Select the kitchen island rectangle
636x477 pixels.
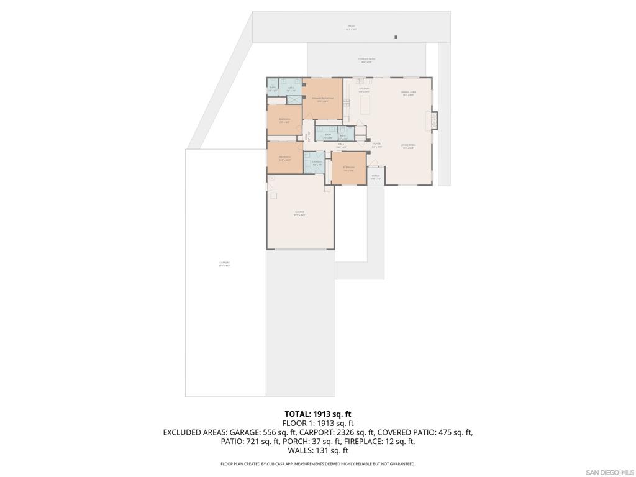365,106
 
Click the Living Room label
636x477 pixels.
408,146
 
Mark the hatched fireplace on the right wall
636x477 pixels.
434,120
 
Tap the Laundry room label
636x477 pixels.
317,163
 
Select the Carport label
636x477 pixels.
225,263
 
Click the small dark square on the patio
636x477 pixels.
396,37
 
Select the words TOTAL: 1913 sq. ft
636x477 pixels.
318,414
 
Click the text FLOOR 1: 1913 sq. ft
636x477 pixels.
318,423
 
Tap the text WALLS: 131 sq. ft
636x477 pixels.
318,451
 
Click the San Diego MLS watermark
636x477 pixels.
609,472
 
